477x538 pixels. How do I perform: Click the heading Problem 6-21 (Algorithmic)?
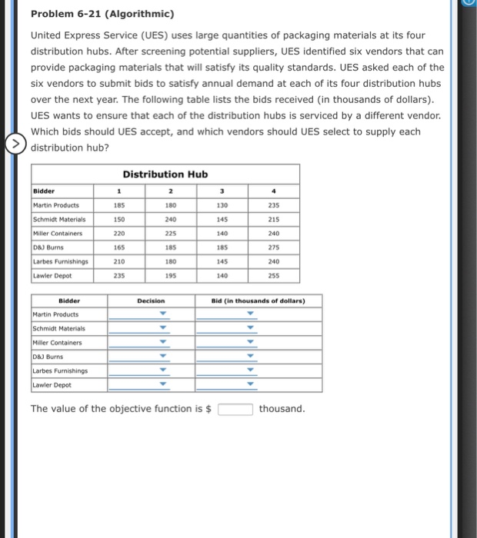[102, 15]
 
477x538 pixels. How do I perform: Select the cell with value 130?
[222, 205]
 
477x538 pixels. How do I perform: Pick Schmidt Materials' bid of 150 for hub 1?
[118, 219]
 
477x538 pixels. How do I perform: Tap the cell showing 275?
[275, 247]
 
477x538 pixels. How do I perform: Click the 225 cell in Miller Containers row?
[170, 233]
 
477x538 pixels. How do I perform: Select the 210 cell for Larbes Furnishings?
[118, 261]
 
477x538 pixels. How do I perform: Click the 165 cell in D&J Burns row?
[118, 247]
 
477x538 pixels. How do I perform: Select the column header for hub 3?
[222, 191]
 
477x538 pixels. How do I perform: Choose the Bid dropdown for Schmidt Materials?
[249, 328]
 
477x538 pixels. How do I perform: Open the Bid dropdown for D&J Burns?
[249, 357]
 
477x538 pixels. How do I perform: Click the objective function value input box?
[235, 409]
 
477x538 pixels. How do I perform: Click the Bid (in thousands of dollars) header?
[258, 300]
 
